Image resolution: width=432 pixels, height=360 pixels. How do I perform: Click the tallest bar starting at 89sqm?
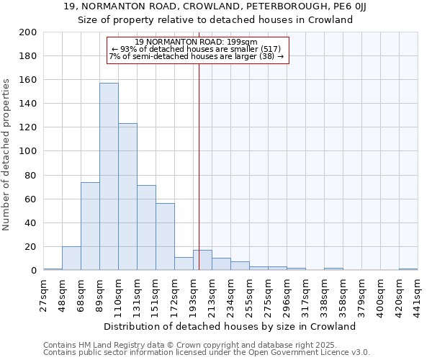pos(109,176)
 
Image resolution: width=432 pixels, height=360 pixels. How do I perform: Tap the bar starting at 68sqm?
pos(90,226)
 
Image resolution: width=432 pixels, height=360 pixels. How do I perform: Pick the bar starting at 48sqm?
pos(71,258)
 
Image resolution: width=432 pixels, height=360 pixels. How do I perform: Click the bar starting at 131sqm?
pos(146,228)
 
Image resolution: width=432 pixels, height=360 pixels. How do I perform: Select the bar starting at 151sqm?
pos(165,237)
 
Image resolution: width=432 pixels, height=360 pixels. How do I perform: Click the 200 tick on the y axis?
pos(28,32)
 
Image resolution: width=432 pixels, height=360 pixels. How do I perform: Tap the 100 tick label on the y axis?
pos(28,151)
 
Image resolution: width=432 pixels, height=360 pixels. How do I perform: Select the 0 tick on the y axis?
pos(34,271)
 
